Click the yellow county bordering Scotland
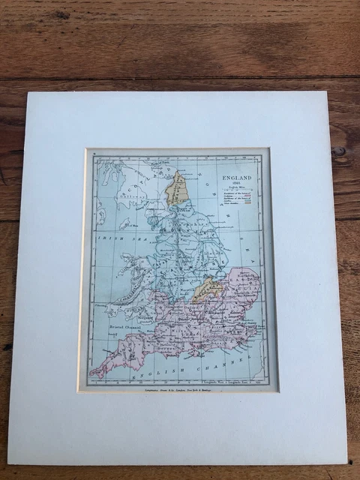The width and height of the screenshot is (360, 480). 176,189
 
